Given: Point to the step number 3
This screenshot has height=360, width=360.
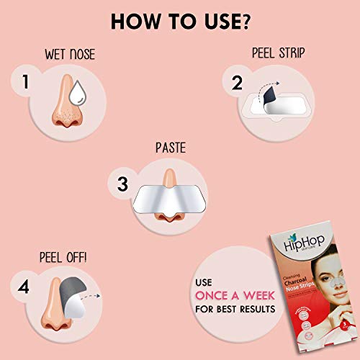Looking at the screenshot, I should [x=122, y=184].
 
